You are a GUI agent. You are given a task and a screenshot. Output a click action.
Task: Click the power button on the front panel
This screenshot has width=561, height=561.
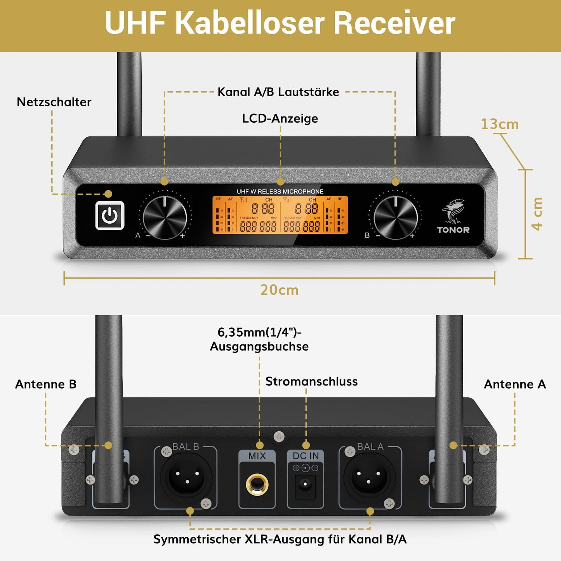[110, 215]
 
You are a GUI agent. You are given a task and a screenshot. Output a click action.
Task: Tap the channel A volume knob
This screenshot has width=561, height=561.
[165, 217]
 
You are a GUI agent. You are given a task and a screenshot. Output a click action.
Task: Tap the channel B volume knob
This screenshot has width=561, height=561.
[395, 217]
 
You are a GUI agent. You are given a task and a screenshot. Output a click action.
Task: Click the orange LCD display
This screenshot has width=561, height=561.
[280, 215]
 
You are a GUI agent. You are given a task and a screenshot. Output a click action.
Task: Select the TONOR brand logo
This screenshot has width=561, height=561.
[453, 217]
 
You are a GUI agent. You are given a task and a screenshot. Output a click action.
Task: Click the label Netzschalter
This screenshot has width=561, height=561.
[54, 102]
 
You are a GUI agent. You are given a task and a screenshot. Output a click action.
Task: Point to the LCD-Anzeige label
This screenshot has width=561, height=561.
[280, 118]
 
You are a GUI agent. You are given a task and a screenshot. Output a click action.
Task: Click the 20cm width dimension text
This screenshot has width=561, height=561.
[280, 290]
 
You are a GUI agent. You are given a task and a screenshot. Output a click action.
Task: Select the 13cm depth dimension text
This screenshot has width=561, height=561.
[500, 124]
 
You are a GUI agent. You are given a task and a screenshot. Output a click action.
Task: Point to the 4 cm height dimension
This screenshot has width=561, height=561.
[537, 214]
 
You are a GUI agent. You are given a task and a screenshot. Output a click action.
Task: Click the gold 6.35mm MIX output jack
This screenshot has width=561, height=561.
[257, 485]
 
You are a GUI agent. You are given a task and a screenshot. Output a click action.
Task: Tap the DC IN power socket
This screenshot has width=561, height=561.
[305, 484]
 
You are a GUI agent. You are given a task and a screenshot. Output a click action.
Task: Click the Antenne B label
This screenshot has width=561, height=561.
[46, 384]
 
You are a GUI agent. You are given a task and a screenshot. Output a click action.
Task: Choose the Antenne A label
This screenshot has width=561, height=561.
[515, 384]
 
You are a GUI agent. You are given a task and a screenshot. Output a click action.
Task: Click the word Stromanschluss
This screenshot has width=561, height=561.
[311, 382]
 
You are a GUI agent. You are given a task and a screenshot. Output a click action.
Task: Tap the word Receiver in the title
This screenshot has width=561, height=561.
[394, 23]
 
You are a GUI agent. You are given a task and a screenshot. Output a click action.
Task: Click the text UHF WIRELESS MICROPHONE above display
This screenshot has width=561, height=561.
[280, 191]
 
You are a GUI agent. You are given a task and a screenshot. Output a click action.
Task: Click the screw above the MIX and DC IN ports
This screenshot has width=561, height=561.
[279, 436]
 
